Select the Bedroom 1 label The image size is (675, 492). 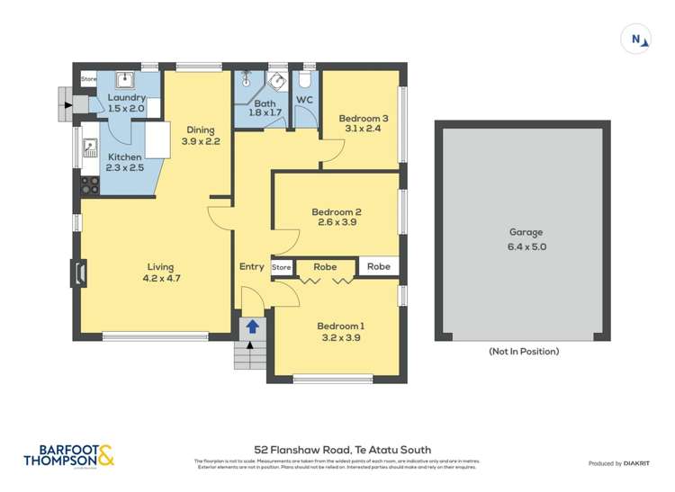pyautogui.click(x=338, y=326)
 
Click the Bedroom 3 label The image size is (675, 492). pyautogui.click(x=363, y=118)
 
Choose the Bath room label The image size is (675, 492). pyautogui.click(x=251, y=103)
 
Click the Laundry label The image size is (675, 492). pyautogui.click(x=125, y=97)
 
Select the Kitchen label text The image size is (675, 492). pyautogui.click(x=123, y=157)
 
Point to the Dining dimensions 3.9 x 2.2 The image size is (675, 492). pyautogui.click(x=200, y=141)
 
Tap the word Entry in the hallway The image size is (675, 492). pyautogui.click(x=252, y=266)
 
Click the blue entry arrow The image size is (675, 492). pyautogui.click(x=253, y=326)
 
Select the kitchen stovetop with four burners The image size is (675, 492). pyautogui.click(x=90, y=184)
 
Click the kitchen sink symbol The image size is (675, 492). pyautogui.click(x=89, y=146)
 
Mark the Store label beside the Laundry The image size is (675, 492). pyautogui.click(x=88, y=79)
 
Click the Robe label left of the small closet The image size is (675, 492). pyautogui.click(x=325, y=266)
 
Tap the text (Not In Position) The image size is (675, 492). pyautogui.click(x=523, y=351)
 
